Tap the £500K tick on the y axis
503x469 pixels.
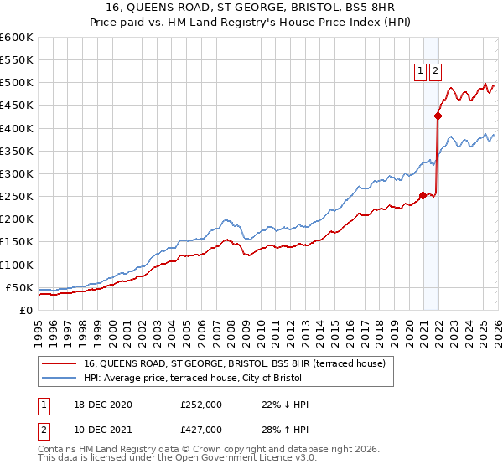(16, 83)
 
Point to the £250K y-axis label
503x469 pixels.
(16, 197)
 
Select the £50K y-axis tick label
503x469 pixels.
(19, 287)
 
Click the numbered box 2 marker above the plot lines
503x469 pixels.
(436, 71)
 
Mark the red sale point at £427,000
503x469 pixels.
(437, 116)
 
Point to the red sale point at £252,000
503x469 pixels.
(423, 196)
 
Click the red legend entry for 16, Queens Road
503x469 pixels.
(235, 363)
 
